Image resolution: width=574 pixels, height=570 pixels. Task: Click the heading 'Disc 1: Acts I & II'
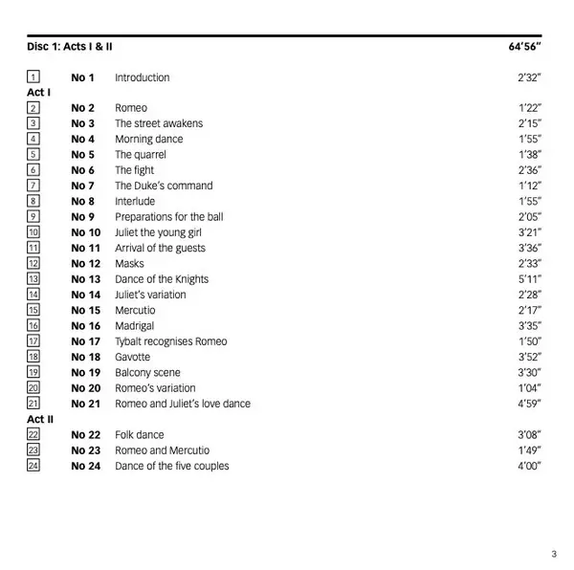click(76, 46)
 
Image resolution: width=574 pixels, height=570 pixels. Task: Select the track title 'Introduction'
click(142, 77)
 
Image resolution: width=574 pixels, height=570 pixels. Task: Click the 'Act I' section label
click(38, 93)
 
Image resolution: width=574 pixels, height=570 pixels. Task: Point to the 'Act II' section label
click(40, 419)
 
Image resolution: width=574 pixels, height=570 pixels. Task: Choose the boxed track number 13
click(33, 279)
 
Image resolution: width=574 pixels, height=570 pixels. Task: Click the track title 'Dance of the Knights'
click(162, 279)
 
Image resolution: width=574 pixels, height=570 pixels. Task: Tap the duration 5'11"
click(530, 279)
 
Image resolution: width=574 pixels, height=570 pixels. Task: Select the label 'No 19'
click(85, 372)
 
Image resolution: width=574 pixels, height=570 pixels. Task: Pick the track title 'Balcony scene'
click(147, 372)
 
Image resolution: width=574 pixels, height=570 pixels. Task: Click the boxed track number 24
click(33, 466)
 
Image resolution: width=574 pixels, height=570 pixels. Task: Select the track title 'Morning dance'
click(148, 139)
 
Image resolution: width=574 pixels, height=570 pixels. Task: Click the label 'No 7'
click(83, 186)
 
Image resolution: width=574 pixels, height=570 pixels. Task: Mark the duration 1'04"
click(530, 388)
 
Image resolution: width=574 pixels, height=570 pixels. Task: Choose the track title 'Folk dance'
click(139, 434)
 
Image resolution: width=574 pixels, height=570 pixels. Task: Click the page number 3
click(554, 553)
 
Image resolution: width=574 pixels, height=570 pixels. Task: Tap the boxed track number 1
click(33, 77)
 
